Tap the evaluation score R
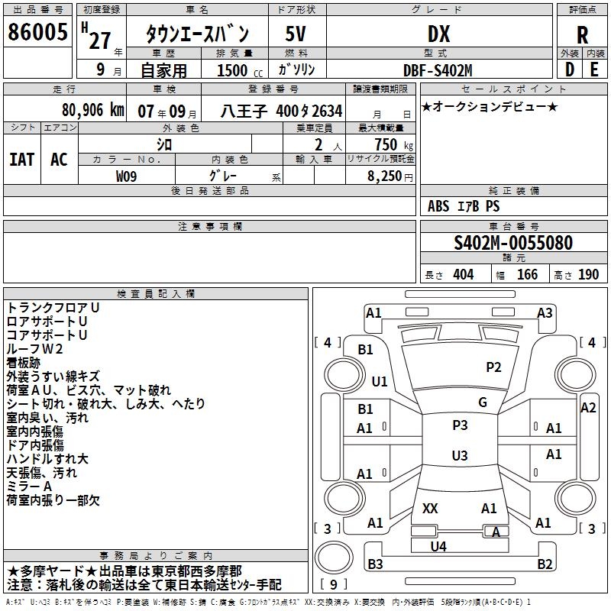click(582, 35)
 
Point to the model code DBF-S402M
click(438, 70)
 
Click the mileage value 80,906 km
click(92, 109)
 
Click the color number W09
click(128, 176)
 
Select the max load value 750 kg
click(385, 144)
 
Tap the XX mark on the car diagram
click(430, 508)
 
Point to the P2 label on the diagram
click(493, 367)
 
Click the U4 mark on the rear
click(438, 546)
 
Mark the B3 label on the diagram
click(375, 564)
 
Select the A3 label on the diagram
click(545, 312)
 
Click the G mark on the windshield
click(482, 402)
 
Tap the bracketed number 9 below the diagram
click(334, 585)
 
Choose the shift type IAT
click(22, 159)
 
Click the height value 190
click(588, 275)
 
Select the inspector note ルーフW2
click(34, 348)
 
